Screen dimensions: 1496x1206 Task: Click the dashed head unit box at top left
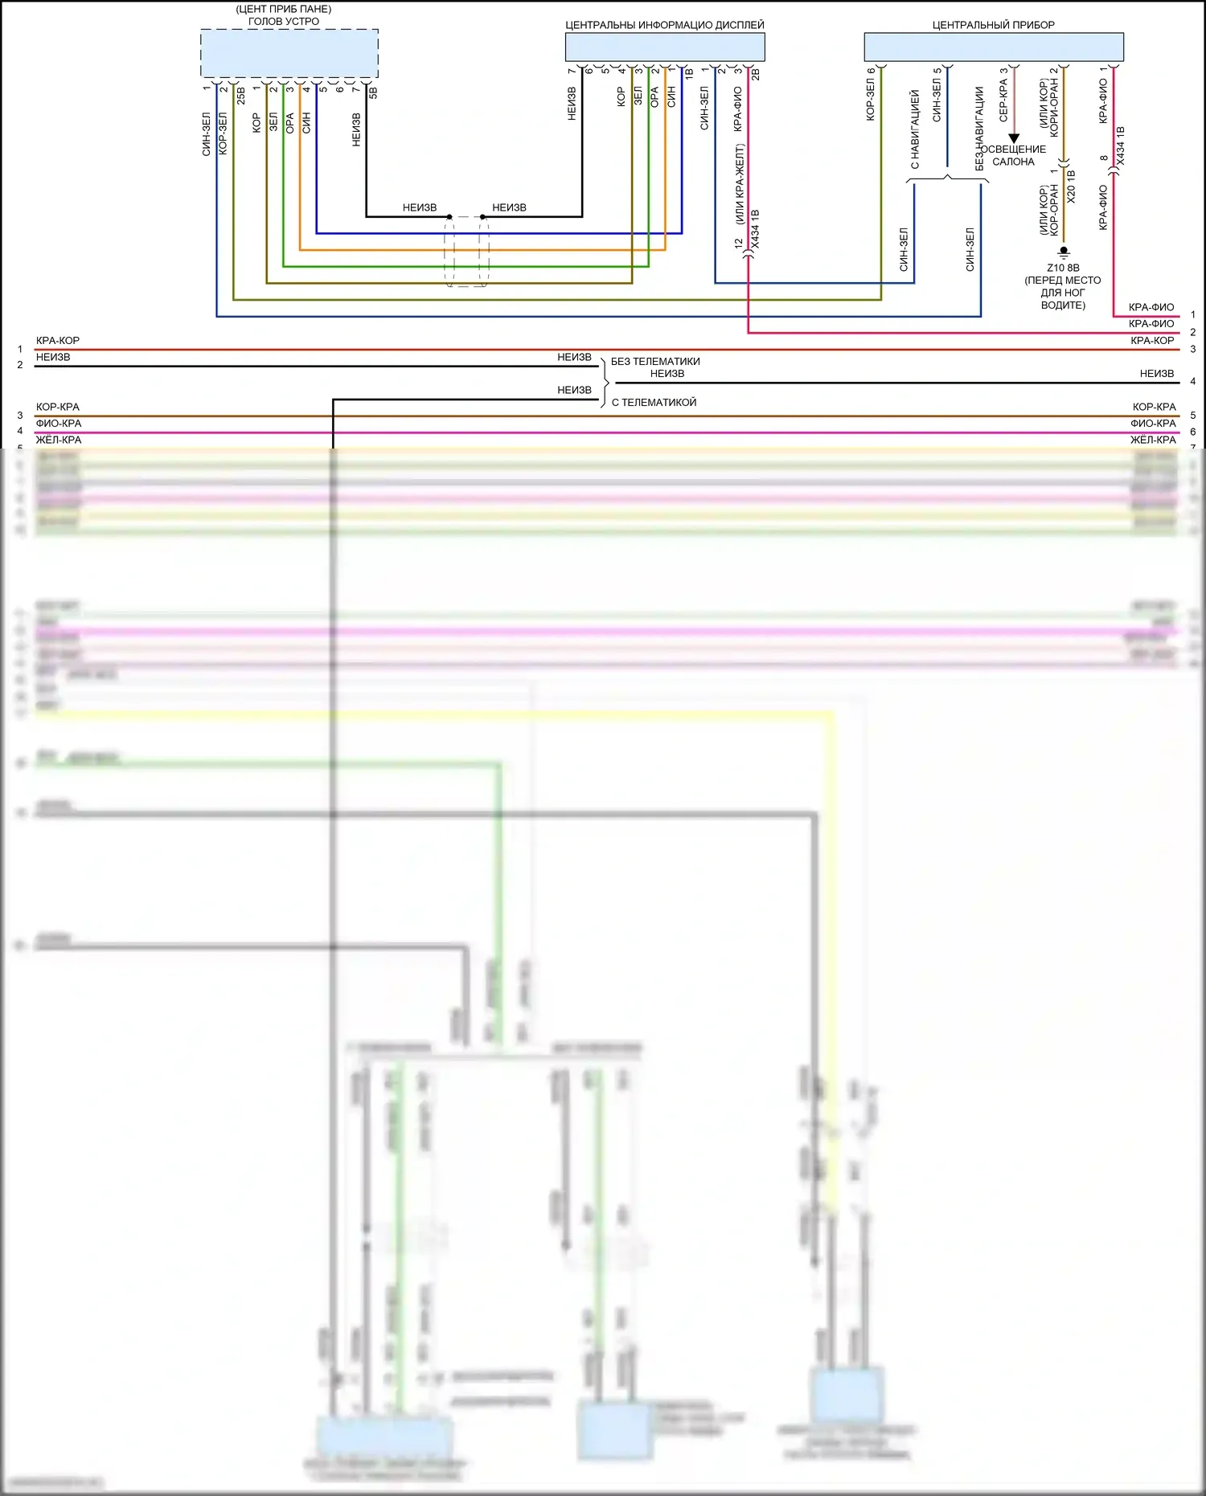(289, 53)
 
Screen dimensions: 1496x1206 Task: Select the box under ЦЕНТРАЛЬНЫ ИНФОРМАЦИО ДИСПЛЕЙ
(665, 47)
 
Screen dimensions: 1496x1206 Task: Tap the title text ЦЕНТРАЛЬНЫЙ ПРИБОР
(993, 25)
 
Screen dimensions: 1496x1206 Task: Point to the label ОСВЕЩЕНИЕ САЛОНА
(1013, 155)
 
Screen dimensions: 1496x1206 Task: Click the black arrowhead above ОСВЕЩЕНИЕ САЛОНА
(1014, 138)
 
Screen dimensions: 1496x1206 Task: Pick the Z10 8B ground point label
(1063, 268)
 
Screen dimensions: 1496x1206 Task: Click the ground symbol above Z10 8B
(1064, 251)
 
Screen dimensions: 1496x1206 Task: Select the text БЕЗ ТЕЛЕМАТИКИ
(655, 362)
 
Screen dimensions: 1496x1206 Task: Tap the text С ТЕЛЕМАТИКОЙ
(654, 402)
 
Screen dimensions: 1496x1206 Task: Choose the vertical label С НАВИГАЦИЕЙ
(914, 129)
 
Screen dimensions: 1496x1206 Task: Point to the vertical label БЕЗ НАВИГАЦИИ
(979, 129)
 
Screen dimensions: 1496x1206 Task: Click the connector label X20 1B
(1071, 186)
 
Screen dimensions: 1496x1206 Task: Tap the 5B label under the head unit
(373, 92)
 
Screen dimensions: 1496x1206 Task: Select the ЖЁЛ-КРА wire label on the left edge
(59, 440)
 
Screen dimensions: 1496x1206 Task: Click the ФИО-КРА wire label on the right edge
(1153, 424)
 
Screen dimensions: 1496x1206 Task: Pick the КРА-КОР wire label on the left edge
(58, 341)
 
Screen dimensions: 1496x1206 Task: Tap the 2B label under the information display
(755, 74)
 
